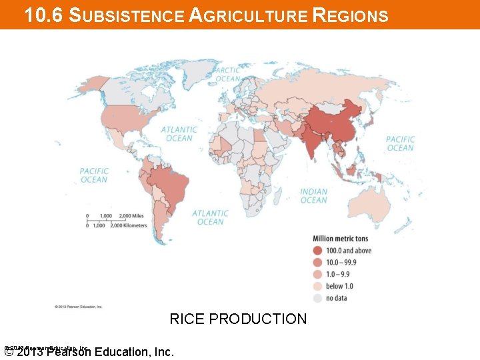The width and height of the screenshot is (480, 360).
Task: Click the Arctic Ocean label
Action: (228, 74)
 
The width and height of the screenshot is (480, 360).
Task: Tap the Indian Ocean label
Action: (313, 196)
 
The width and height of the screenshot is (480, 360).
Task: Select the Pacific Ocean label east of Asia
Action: (400, 143)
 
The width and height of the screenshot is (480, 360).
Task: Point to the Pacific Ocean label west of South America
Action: (94, 175)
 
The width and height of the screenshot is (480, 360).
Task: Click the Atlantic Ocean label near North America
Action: (179, 134)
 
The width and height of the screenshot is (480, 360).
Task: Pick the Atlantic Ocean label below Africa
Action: (210, 217)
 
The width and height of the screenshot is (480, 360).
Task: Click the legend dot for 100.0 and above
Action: (318, 251)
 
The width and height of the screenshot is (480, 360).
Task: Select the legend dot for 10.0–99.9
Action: (318, 263)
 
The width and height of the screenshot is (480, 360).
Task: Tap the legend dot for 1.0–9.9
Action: (318, 275)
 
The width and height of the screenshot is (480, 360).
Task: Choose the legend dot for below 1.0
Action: (318, 287)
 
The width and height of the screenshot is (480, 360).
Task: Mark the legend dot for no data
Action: (318, 298)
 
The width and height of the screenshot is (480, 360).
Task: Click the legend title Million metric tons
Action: (340, 239)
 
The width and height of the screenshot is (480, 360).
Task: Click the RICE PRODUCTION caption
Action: (238, 319)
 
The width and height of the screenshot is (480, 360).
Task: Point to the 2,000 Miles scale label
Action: (131, 216)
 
